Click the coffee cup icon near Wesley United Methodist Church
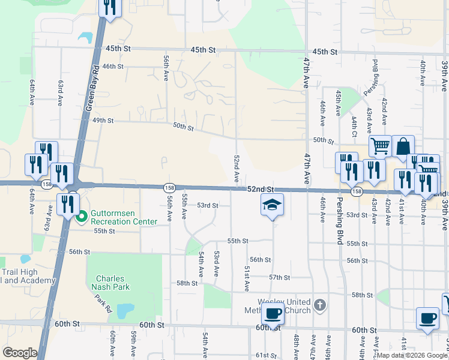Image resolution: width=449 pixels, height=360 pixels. (273, 314)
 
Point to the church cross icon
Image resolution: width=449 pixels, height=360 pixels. (320, 305)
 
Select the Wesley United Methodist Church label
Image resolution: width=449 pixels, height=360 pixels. (285, 306)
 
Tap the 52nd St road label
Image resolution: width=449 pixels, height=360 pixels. (260, 189)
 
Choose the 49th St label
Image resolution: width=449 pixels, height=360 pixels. (103, 120)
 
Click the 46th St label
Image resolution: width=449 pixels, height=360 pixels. (113, 67)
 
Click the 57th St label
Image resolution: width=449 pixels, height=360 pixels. (279, 278)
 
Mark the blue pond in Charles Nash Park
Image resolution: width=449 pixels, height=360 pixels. (125, 310)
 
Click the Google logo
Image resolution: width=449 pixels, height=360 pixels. (20, 353)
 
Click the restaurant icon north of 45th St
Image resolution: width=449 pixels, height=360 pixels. (109, 7)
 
